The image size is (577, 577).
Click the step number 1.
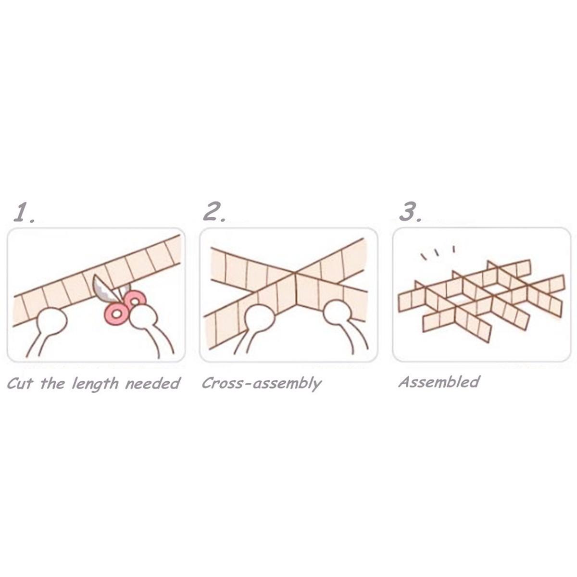(24, 212)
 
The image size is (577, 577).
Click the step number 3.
(410, 212)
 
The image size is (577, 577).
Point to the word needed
(152, 383)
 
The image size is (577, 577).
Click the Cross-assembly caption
(261, 383)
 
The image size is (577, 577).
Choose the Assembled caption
(439, 382)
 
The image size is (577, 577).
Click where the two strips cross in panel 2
(295, 276)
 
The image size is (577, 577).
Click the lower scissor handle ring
(116, 314)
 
